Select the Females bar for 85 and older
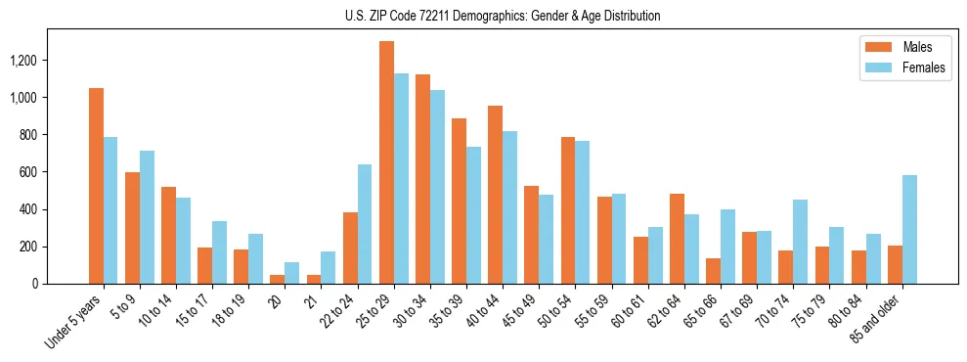tap(909, 230)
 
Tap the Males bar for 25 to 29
tap(386, 162)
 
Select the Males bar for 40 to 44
tap(496, 195)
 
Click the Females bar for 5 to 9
tap(147, 217)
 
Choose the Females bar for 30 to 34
tap(437, 187)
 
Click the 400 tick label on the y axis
tap(29, 209)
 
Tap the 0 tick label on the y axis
tap(36, 284)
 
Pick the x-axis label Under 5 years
tap(73, 322)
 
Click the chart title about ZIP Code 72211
tap(503, 16)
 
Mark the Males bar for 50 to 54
tap(568, 210)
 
